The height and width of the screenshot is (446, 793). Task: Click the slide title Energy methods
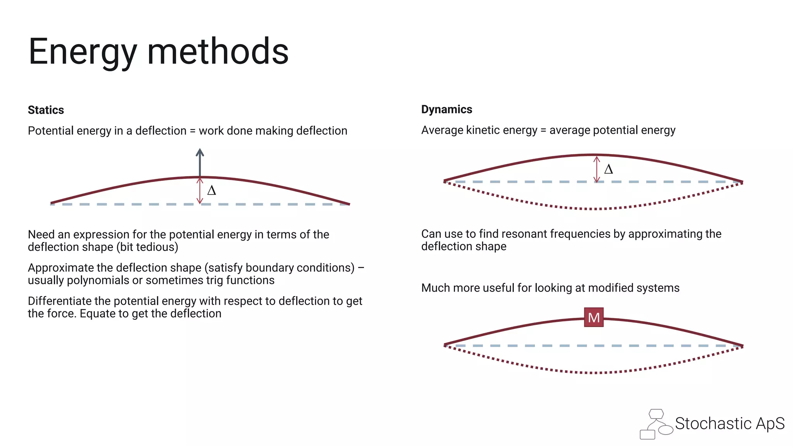click(x=158, y=51)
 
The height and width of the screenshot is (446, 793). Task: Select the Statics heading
click(x=46, y=110)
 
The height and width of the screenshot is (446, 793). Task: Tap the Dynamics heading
click(x=446, y=109)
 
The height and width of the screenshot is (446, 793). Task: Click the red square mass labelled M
click(x=594, y=317)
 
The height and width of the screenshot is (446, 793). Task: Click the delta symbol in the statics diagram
click(x=211, y=190)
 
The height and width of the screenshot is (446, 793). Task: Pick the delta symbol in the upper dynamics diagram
click(x=608, y=169)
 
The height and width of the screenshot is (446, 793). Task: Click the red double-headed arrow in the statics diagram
click(x=200, y=190)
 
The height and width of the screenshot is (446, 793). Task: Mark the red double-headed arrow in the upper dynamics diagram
click(x=597, y=169)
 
